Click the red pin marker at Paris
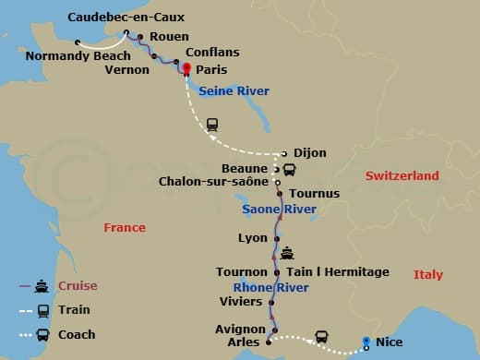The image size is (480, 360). (186, 69)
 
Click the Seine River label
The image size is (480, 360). (226, 90)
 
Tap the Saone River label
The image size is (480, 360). (279, 210)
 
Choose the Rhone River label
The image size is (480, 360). (270, 288)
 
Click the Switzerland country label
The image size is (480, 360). (402, 175)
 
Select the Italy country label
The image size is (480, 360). (427, 274)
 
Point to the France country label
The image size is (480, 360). (125, 227)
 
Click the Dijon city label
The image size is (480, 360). (310, 152)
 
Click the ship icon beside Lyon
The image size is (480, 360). (288, 251)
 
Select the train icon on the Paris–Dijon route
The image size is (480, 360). (212, 123)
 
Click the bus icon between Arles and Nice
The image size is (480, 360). (321, 337)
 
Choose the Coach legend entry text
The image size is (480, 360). (76, 334)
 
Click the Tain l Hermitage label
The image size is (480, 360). (338, 272)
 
